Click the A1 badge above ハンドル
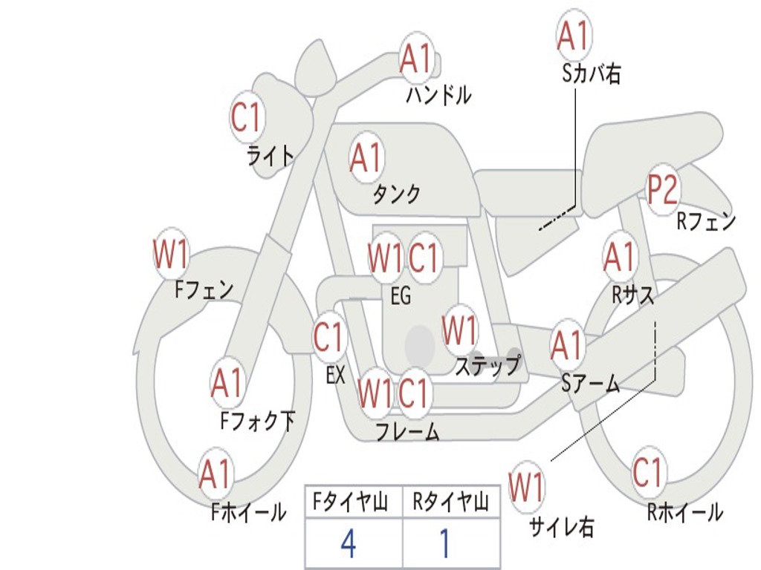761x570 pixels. pos(416,59)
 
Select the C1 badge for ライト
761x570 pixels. pos(247,117)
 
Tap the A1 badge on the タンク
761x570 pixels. pos(366,157)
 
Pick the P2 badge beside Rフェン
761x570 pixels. pos(662,189)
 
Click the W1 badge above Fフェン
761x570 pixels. pos(170,255)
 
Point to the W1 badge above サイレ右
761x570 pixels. pos(526,488)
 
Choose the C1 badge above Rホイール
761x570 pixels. pos(647,473)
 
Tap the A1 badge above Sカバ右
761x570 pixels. pos(573,35)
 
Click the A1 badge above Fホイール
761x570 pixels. pos(216,475)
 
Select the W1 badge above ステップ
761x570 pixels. pos(460,330)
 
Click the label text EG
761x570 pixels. pos(401,296)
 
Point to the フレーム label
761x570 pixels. pos(407,431)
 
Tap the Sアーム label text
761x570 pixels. pos(591,383)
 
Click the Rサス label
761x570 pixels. pos(632,295)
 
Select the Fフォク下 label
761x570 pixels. pos(257,422)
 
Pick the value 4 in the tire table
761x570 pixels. pos(348,544)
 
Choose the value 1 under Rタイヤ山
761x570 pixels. pos(445,544)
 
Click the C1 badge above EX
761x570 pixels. pos(329,338)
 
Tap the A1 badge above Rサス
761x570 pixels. pos(619,257)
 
